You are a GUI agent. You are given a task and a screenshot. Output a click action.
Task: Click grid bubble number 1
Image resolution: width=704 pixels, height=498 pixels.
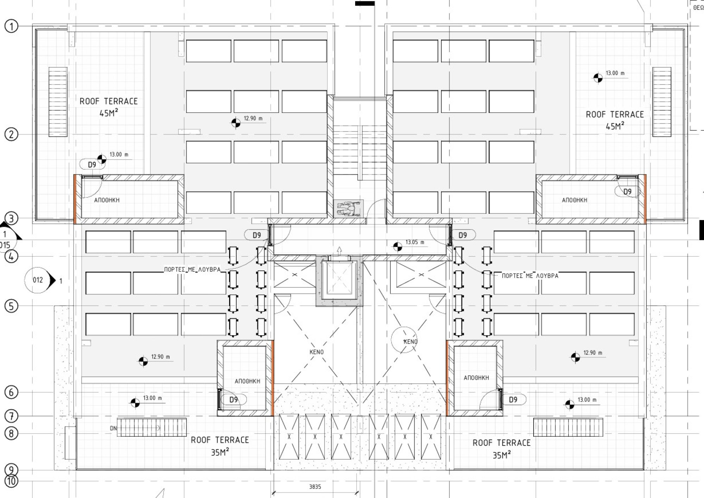click(x=11, y=26)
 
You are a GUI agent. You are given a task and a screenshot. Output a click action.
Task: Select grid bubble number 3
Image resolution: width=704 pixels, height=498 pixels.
click(x=11, y=218)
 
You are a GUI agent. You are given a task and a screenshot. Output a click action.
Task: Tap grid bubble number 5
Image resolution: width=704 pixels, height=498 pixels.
click(x=11, y=306)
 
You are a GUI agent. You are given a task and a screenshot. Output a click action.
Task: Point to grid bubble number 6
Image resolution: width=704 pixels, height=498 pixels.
click(x=11, y=392)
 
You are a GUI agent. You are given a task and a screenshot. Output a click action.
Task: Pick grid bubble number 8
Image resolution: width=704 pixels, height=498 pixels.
click(x=11, y=433)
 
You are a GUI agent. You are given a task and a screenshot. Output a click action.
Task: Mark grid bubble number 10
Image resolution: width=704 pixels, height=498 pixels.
click(x=11, y=481)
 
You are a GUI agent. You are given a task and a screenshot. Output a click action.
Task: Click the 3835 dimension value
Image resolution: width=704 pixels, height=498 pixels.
click(x=315, y=487)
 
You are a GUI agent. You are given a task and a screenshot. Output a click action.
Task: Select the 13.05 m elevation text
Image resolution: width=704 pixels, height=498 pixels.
click(x=415, y=242)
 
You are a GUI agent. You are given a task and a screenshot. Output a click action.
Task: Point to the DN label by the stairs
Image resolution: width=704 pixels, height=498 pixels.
click(x=113, y=429)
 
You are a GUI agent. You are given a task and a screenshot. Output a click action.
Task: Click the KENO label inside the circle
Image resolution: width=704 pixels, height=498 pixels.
click(x=410, y=342)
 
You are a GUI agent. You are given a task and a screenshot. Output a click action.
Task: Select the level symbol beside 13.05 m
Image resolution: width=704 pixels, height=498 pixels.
click(x=397, y=247)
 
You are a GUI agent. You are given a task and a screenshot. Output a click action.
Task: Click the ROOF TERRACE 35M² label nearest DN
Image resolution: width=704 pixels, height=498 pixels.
click(x=220, y=446)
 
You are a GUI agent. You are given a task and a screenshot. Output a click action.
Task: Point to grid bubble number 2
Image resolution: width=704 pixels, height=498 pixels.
click(x=11, y=134)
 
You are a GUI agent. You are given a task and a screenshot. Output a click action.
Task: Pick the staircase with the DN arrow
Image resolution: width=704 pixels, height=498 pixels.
click(x=151, y=428)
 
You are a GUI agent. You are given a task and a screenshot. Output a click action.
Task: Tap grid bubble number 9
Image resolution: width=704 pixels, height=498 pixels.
click(x=11, y=470)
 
